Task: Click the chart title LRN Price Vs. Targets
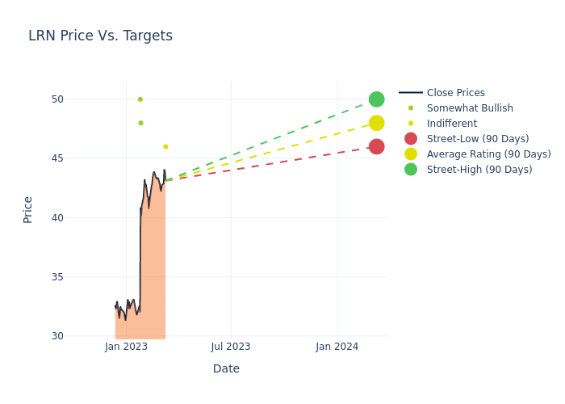point(100,36)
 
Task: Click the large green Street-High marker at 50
point(376,99)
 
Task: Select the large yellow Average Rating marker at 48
point(376,123)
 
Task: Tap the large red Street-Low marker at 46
point(376,146)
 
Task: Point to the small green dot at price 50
point(140,99)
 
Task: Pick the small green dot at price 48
point(140,123)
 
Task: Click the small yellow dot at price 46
point(165,146)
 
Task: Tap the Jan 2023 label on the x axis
point(126,347)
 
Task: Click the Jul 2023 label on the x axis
point(231,347)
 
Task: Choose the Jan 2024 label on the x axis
point(337,347)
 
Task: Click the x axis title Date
point(226,368)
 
